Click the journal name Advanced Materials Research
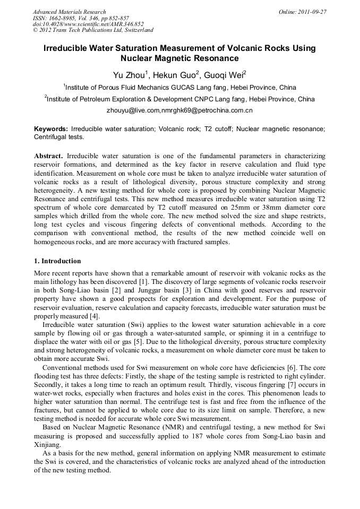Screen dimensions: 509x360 tap(69, 12)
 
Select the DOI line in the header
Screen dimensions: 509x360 tap(88, 24)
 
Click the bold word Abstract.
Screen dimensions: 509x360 tap(48, 157)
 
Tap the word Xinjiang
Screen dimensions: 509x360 tap(47, 445)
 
